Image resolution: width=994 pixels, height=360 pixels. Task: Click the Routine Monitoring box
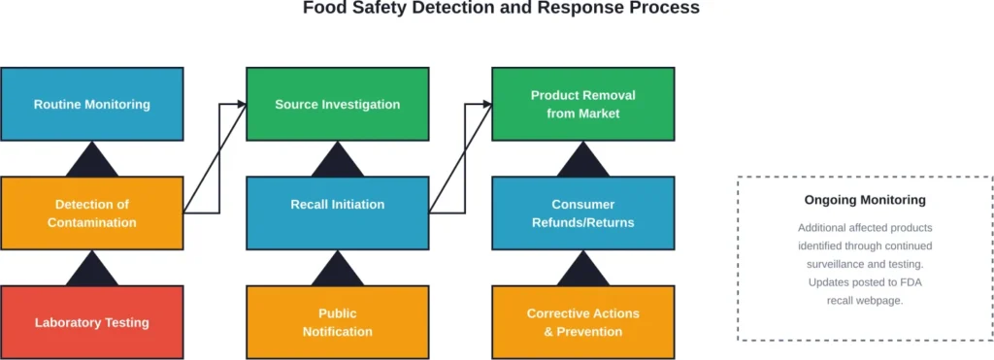tap(92, 104)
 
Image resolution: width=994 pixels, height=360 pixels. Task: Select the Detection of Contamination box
tap(92, 213)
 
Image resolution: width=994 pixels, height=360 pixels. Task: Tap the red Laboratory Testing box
tap(92, 322)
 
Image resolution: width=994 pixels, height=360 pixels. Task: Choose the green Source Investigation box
tap(337, 104)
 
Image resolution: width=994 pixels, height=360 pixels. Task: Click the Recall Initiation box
tap(337, 205)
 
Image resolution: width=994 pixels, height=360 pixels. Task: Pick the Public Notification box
tap(337, 322)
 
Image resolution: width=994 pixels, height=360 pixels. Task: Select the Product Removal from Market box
tap(582, 104)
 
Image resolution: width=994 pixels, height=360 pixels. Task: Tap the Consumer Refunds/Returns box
tap(582, 213)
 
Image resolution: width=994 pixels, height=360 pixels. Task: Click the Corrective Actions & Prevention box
tap(582, 322)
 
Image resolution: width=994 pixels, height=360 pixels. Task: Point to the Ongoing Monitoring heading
tap(864, 201)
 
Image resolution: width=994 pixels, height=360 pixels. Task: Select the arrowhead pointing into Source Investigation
tap(240, 104)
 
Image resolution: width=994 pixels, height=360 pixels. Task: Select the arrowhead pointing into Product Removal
tap(485, 104)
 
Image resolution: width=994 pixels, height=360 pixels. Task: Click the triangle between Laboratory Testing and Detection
tap(92, 272)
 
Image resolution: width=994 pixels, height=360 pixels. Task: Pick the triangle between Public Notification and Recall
tap(337, 272)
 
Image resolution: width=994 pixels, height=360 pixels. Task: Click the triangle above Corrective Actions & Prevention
tap(582, 272)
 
